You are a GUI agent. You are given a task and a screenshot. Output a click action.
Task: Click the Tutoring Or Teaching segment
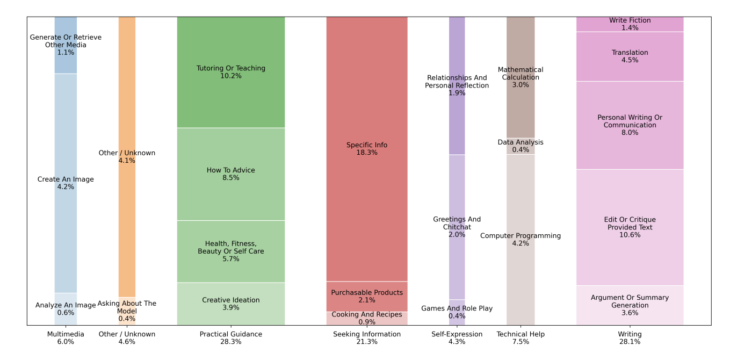coord(230,72)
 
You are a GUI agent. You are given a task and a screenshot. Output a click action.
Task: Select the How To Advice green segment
coord(230,174)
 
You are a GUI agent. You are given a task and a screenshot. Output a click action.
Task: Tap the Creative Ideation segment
coord(230,304)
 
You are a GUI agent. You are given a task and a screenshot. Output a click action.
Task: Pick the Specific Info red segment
coord(366,149)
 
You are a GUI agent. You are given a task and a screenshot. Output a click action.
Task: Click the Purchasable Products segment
coord(366,296)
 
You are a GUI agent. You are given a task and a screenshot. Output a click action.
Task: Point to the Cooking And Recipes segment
coord(366,318)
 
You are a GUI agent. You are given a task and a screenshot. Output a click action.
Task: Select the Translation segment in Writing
coord(630,56)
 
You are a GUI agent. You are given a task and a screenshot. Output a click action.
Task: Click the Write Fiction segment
coord(630,24)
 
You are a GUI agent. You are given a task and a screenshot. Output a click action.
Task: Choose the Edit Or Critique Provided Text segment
coord(630,227)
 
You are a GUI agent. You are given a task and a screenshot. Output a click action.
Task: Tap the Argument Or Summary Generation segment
coord(630,305)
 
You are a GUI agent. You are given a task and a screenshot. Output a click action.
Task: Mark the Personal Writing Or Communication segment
coord(630,125)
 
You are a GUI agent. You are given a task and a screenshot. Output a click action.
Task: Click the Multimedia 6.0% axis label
coord(66,338)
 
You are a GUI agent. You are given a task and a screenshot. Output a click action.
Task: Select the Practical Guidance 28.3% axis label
coord(230,338)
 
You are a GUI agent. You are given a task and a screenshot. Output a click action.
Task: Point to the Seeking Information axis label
coord(366,338)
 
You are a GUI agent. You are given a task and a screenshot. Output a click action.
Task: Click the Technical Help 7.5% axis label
coord(520,338)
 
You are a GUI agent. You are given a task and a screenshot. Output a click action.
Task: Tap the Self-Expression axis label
coord(457,338)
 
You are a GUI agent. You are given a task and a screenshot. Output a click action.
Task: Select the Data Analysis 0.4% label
coord(520,146)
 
